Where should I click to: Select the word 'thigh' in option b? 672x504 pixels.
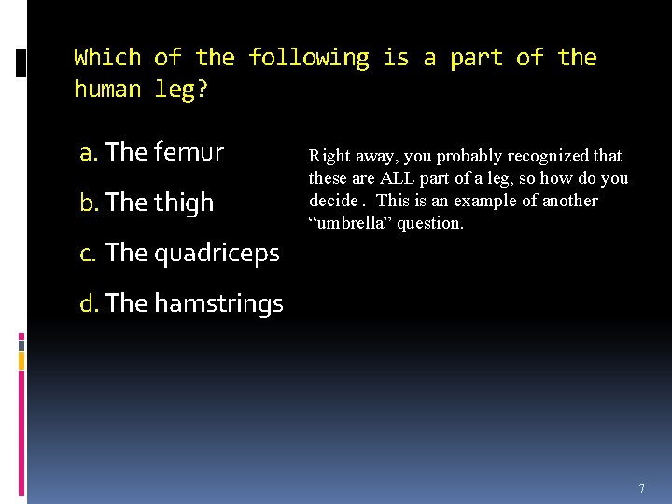click(183, 203)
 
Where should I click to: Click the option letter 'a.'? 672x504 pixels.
click(90, 152)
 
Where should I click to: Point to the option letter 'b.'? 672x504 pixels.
click(91, 203)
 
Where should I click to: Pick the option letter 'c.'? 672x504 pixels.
click(90, 253)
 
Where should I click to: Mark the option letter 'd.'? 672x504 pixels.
click(91, 303)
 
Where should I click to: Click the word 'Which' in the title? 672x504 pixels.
click(107, 58)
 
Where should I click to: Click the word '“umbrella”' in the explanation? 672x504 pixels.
click(346, 223)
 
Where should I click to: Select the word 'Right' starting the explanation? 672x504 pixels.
click(328, 156)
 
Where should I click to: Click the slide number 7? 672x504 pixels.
click(641, 489)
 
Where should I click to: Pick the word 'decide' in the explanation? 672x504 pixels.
click(333, 201)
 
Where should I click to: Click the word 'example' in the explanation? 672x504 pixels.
click(470, 201)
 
